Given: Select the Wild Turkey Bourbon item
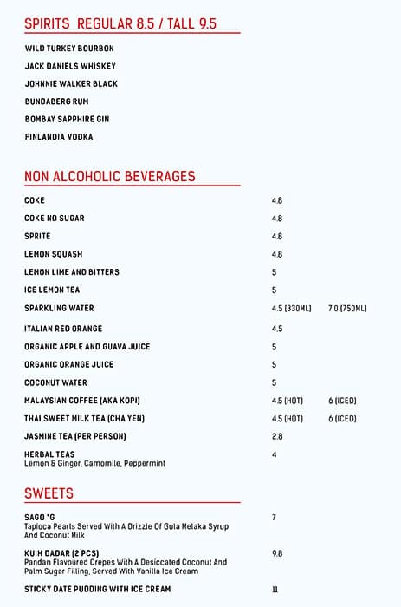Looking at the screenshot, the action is point(69,49).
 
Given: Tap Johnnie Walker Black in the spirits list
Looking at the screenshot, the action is point(71,84).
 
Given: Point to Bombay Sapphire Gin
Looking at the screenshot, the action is point(68,119).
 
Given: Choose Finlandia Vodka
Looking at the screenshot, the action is point(59,137).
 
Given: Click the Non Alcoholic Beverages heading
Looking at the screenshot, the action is point(110,176).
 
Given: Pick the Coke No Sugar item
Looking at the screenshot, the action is point(55,219).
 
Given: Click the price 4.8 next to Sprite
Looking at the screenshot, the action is point(277,236).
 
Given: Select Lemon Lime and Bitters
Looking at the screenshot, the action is point(72,272).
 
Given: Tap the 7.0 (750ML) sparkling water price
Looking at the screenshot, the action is point(348,309).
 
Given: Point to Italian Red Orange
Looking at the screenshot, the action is point(63,329).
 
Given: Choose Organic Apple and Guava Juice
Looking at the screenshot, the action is point(87,347).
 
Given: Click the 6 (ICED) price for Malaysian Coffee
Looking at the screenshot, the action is point(342,401).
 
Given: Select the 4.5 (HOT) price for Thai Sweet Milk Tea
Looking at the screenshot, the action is point(288,419).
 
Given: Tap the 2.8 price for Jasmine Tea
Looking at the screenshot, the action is point(277,437).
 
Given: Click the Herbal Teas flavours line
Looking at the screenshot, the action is point(95,464).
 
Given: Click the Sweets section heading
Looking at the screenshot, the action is point(49,493).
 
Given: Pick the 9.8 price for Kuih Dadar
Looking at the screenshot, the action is point(277,553).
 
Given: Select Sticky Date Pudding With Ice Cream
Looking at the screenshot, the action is point(98,590).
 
